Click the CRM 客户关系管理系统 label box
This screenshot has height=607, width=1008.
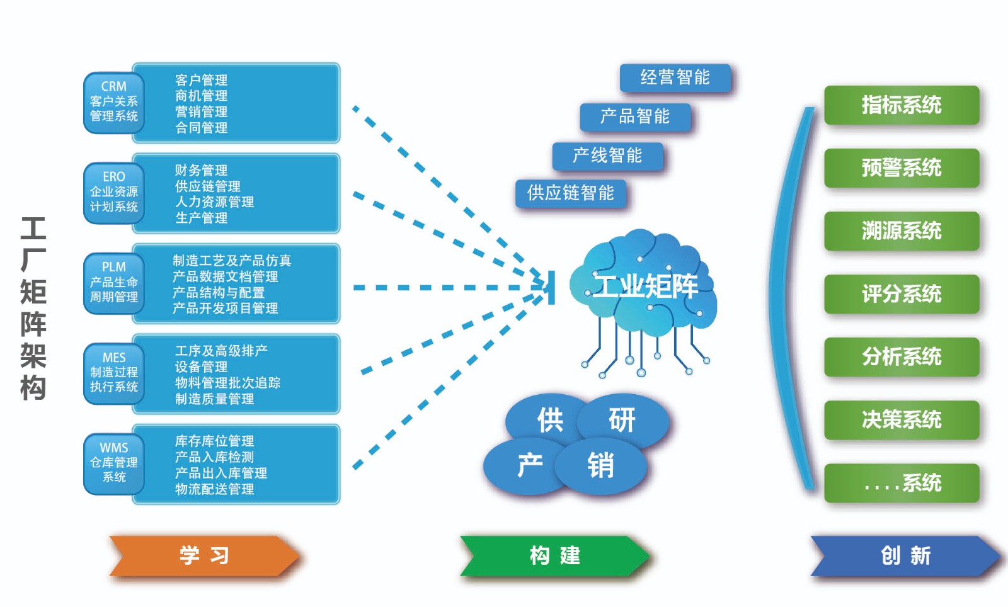click(x=114, y=102)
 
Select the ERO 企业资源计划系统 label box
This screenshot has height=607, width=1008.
click(x=114, y=192)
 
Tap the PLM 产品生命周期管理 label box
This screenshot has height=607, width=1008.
click(x=114, y=282)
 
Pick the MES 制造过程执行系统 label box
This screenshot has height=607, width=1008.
click(x=114, y=373)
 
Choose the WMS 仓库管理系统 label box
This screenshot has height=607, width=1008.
click(x=114, y=463)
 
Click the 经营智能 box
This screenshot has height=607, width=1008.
click(x=675, y=78)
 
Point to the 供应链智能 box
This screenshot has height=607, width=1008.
click(x=571, y=193)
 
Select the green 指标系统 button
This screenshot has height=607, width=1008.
click(x=902, y=105)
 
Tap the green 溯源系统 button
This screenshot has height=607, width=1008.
click(x=902, y=231)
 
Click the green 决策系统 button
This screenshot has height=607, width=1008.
click(x=902, y=420)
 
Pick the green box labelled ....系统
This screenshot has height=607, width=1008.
click(x=902, y=483)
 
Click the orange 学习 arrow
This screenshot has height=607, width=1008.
click(x=203, y=555)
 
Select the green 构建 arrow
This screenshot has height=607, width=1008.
click(x=554, y=555)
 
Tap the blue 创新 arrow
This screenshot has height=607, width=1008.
click(x=905, y=555)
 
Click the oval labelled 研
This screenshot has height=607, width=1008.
click(x=622, y=420)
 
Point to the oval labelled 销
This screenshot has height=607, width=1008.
click(x=600, y=466)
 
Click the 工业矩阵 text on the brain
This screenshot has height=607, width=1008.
click(x=646, y=286)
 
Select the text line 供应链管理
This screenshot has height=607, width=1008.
click(x=208, y=186)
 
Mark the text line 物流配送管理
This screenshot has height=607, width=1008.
click(x=215, y=489)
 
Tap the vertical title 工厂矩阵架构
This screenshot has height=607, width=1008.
click(x=33, y=308)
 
